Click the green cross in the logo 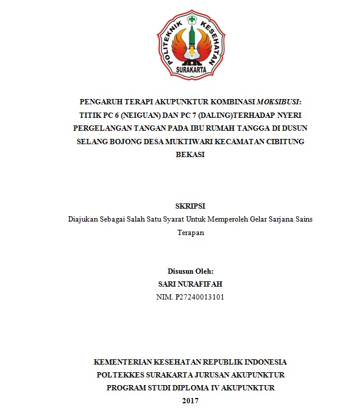pos(191,18)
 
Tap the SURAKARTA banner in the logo pos(191,70)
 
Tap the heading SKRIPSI pos(191,206)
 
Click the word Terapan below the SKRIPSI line pos(191,233)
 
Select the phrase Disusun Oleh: pos(191,271)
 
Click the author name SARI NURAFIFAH pos(191,284)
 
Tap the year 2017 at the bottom pos(191,401)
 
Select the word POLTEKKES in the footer pos(123,375)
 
